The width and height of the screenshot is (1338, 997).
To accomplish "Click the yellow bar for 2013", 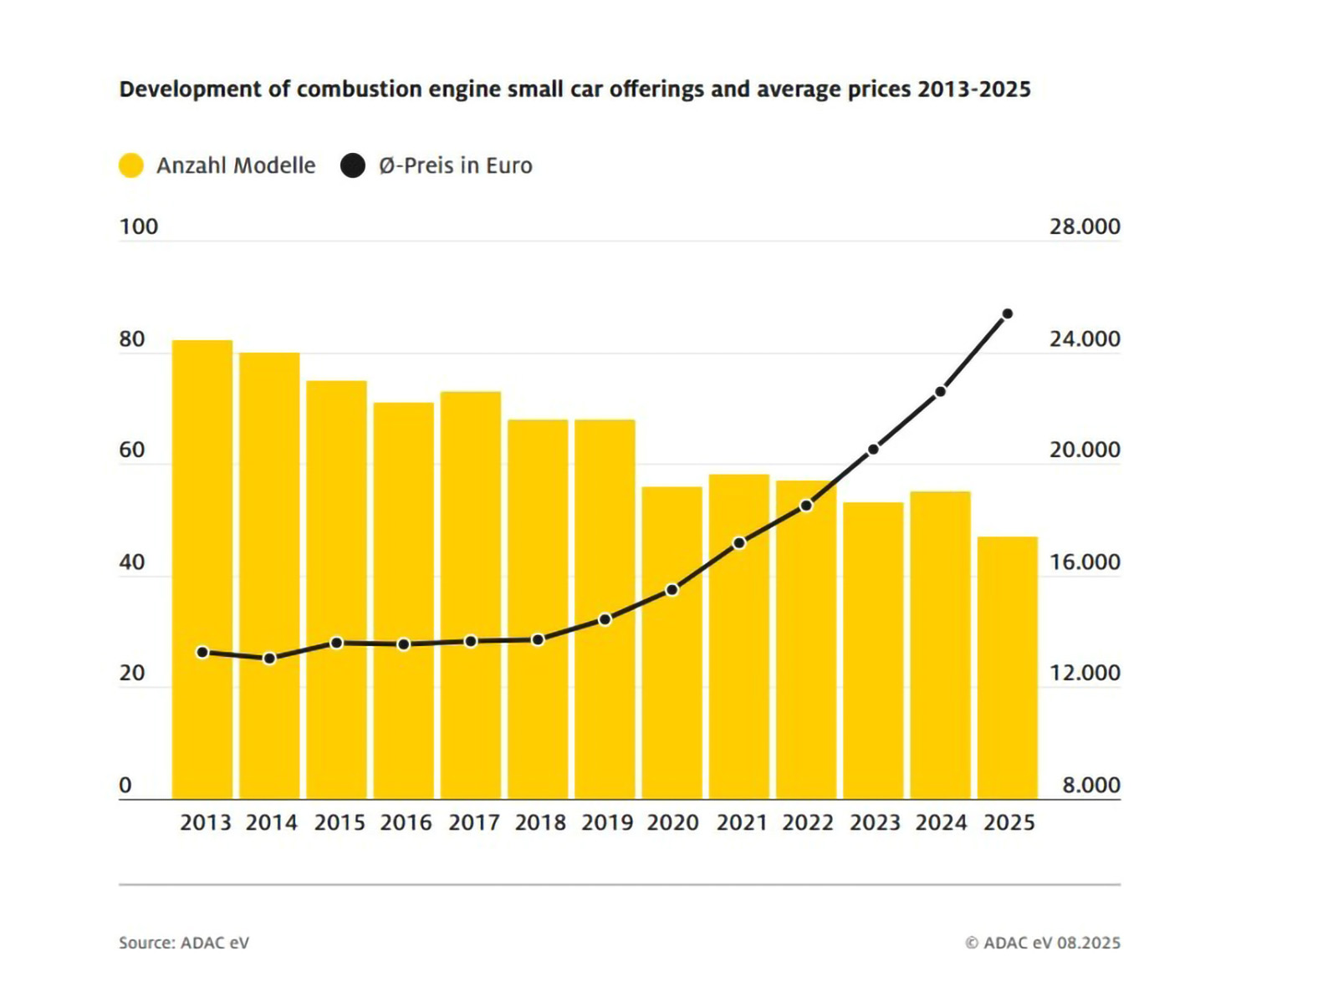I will click(202, 568).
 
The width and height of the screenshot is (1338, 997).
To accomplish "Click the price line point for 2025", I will click(1008, 314).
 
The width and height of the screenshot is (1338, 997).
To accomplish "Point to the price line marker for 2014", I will click(269, 659).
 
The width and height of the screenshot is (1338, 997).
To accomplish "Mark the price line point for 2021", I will click(739, 543).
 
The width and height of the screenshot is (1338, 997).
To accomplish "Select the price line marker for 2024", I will click(941, 391).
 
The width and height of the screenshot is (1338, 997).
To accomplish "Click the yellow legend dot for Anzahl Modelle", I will click(131, 165).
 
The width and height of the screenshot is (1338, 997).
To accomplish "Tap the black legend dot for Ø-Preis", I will click(353, 165).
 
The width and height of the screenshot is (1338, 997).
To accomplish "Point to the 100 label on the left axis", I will click(139, 226).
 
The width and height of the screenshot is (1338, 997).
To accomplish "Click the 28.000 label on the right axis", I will click(1085, 226).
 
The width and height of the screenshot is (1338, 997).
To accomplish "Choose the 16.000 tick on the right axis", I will click(1085, 562).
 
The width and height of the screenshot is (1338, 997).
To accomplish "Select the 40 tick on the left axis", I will click(132, 562).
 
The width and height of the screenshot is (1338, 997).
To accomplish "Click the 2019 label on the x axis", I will click(607, 823).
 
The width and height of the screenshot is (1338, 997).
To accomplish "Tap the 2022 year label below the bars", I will click(808, 823).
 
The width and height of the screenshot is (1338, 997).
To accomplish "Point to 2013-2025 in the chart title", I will click(973, 89).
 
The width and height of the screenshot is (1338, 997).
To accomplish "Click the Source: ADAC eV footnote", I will click(184, 943).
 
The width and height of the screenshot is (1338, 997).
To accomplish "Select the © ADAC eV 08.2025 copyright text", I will click(1043, 943).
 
